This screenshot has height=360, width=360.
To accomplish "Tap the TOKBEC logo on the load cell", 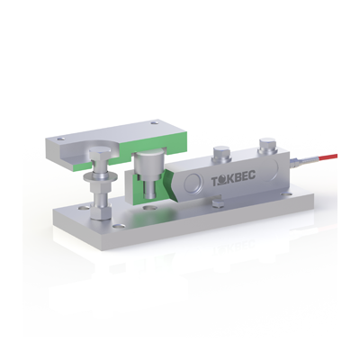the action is pos(233,180).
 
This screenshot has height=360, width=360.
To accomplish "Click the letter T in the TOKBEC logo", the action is pos(215,182).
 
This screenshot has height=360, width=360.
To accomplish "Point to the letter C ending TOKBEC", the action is pos(252,176).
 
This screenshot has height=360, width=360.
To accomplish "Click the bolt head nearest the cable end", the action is pos(268,145).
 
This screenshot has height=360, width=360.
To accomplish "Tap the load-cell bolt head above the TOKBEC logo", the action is pos(221,153).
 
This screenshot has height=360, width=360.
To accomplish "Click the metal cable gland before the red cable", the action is pos(298,162).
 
